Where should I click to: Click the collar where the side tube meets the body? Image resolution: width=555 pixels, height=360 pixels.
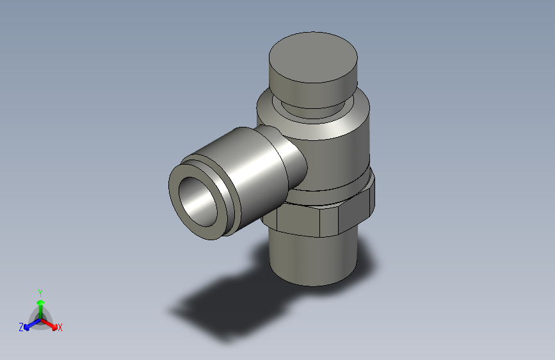[292, 160]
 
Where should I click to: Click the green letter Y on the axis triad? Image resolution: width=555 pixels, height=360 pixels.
[40, 291]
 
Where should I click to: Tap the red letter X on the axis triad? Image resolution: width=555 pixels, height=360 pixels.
[60, 327]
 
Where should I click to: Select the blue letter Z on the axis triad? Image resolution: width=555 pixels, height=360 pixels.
[21, 327]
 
